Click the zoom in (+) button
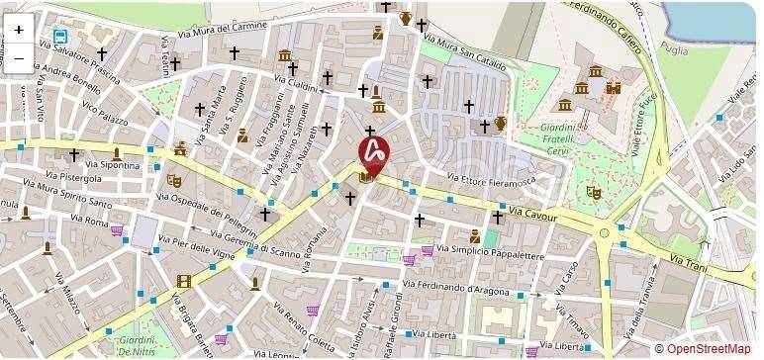click(x=19, y=30)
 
